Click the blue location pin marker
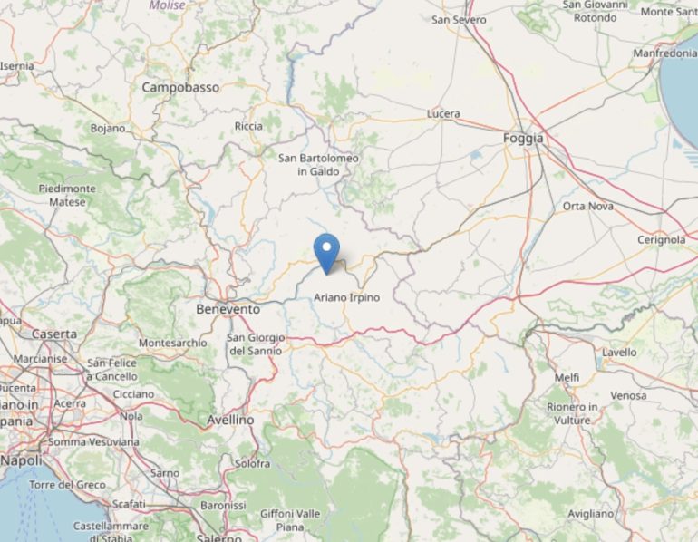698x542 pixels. pos(326,251)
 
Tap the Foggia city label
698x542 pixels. pos(523,138)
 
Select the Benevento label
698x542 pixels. pos(228,309)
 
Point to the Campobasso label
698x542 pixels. pos(180,88)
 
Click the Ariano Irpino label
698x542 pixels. pos(346,297)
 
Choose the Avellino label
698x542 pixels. pos(230,420)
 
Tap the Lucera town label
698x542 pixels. pos(443,114)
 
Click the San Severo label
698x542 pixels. pos(459,19)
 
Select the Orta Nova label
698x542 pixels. pos(588,206)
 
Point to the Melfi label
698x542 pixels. pos(567,377)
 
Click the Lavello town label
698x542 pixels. pos(619,352)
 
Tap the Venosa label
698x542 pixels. pos(628,395)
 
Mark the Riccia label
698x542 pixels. pos(248,126)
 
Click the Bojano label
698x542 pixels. pos(108,128)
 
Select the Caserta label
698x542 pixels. pos(54,334)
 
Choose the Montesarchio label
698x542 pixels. pos(172,343)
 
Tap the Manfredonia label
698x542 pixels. pos(664,53)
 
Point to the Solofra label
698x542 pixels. pos(250,463)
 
